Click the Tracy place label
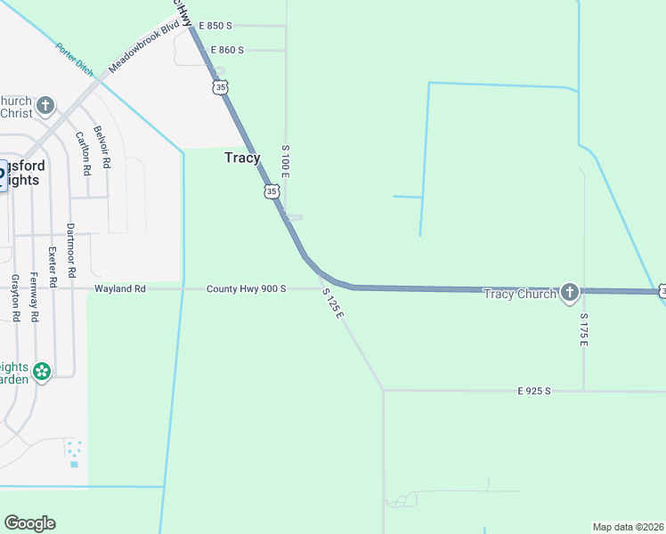(x=242, y=158)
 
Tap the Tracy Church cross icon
(x=570, y=293)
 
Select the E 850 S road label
(x=215, y=26)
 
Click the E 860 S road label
(x=215, y=51)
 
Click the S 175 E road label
(x=584, y=329)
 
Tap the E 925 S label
(x=535, y=391)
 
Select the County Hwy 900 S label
(x=247, y=289)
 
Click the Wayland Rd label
(x=120, y=289)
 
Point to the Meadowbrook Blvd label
(x=138, y=53)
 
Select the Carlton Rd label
(x=81, y=152)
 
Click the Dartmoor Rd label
(x=70, y=248)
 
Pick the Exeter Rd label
(x=53, y=266)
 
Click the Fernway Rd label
(x=34, y=295)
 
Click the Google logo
(x=29, y=523)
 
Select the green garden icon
(x=42, y=370)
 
